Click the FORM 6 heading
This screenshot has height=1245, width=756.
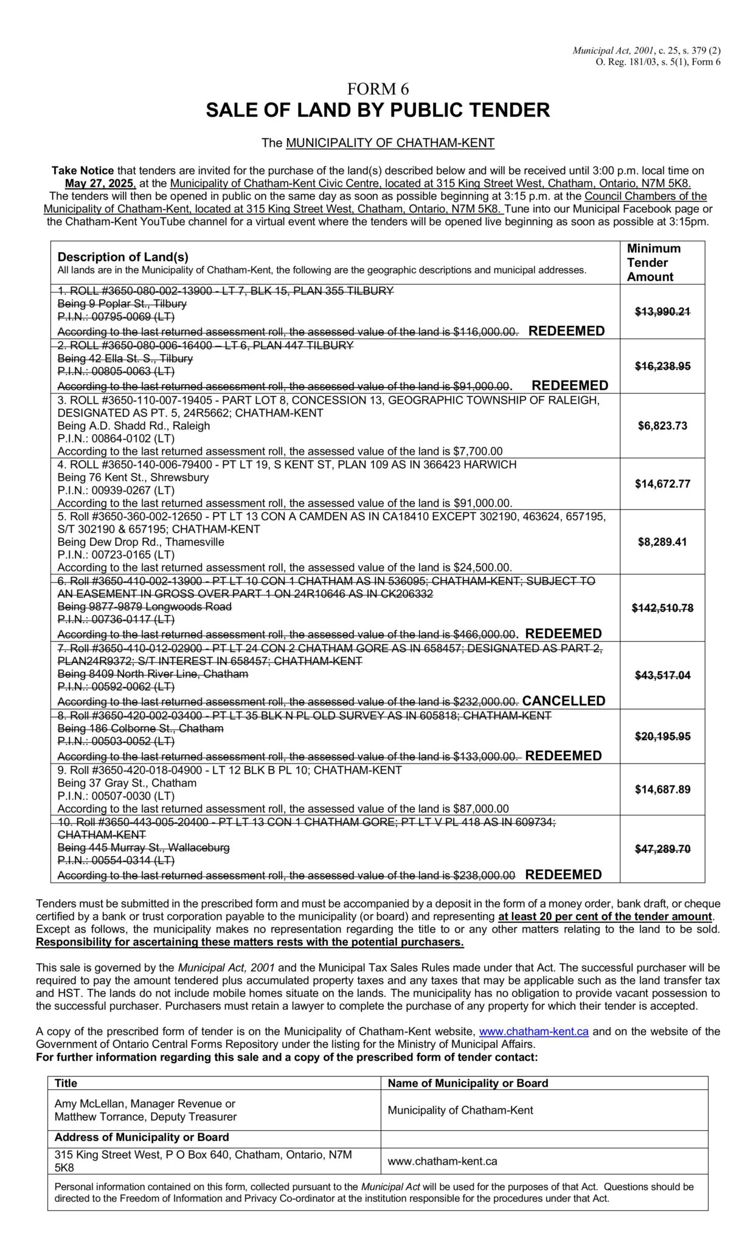tap(378, 89)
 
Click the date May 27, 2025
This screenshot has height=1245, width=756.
tap(100, 183)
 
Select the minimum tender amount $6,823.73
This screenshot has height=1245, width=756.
tap(662, 426)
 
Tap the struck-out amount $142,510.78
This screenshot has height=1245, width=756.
tap(662, 608)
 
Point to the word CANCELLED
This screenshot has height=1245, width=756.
tap(564, 701)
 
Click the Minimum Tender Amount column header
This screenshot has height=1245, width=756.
tap(653, 263)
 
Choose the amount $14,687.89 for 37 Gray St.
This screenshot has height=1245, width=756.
tap(662, 790)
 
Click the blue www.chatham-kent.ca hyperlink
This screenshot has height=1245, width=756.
tap(533, 1031)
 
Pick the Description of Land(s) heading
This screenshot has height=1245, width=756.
tap(123, 257)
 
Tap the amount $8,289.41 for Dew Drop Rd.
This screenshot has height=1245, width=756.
tap(662, 542)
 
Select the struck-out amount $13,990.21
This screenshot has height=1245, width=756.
tap(662, 312)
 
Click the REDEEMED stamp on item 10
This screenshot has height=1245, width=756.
tap(563, 875)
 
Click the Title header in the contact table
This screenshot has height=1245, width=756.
tap(66, 1083)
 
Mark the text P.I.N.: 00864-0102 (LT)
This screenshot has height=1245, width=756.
tap(116, 438)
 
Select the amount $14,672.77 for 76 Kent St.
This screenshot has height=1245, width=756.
tap(662, 484)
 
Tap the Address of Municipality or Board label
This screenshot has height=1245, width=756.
tap(142, 1137)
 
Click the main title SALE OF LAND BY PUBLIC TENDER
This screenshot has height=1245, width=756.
tap(378, 110)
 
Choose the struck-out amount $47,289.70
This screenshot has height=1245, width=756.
tap(662, 849)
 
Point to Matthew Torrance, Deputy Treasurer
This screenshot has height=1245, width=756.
tap(145, 1117)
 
